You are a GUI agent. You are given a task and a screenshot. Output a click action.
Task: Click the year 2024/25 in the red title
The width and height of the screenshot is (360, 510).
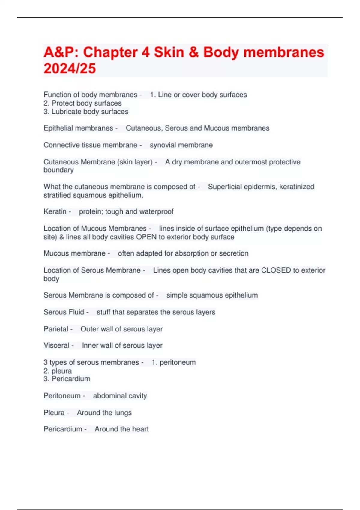coord(70,68)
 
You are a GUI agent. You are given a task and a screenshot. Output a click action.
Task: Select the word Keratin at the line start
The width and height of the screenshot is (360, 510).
coord(55,211)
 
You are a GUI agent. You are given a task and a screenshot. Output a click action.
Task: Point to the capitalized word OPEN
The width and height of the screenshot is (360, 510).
coord(146,237)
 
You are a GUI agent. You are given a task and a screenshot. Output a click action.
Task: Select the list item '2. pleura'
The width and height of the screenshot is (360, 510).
coord(58,371)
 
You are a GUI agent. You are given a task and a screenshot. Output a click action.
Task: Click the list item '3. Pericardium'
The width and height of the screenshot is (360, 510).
coord(67,379)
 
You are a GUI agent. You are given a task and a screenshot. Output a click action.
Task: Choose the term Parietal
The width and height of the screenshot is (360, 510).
coord(56,329)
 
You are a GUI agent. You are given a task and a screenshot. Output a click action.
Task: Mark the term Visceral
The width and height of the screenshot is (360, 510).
coord(56,345)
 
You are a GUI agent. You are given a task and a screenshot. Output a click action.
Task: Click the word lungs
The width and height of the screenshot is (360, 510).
coord(123,412)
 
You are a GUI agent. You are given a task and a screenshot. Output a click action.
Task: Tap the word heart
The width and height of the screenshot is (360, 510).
coord(140,429)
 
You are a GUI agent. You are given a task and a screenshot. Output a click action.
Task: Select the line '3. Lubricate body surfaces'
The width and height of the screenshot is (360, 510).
coord(86,112)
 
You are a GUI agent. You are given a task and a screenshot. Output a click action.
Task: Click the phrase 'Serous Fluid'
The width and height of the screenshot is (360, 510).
coord(64,312)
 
